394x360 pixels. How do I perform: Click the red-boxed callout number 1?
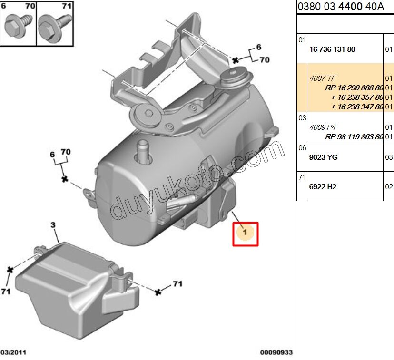click(x=245, y=234)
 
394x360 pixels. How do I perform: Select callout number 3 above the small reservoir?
click(x=53, y=224)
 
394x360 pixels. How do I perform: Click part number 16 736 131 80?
click(x=332, y=49)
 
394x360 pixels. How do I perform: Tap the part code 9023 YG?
click(x=323, y=157)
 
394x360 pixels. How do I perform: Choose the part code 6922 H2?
click(x=323, y=187)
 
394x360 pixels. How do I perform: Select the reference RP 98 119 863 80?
click(x=354, y=137)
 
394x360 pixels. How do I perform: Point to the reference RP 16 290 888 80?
click(x=354, y=88)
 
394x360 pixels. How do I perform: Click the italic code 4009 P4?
click(x=323, y=127)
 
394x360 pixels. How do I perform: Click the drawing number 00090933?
click(x=276, y=352)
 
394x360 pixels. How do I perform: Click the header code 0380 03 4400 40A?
click(x=341, y=7)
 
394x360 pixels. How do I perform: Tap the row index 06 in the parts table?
click(x=302, y=148)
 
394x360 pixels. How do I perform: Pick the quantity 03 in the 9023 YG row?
click(x=389, y=157)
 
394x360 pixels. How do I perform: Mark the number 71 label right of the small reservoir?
click(x=177, y=284)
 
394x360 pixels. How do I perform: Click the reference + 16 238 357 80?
click(x=357, y=97)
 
